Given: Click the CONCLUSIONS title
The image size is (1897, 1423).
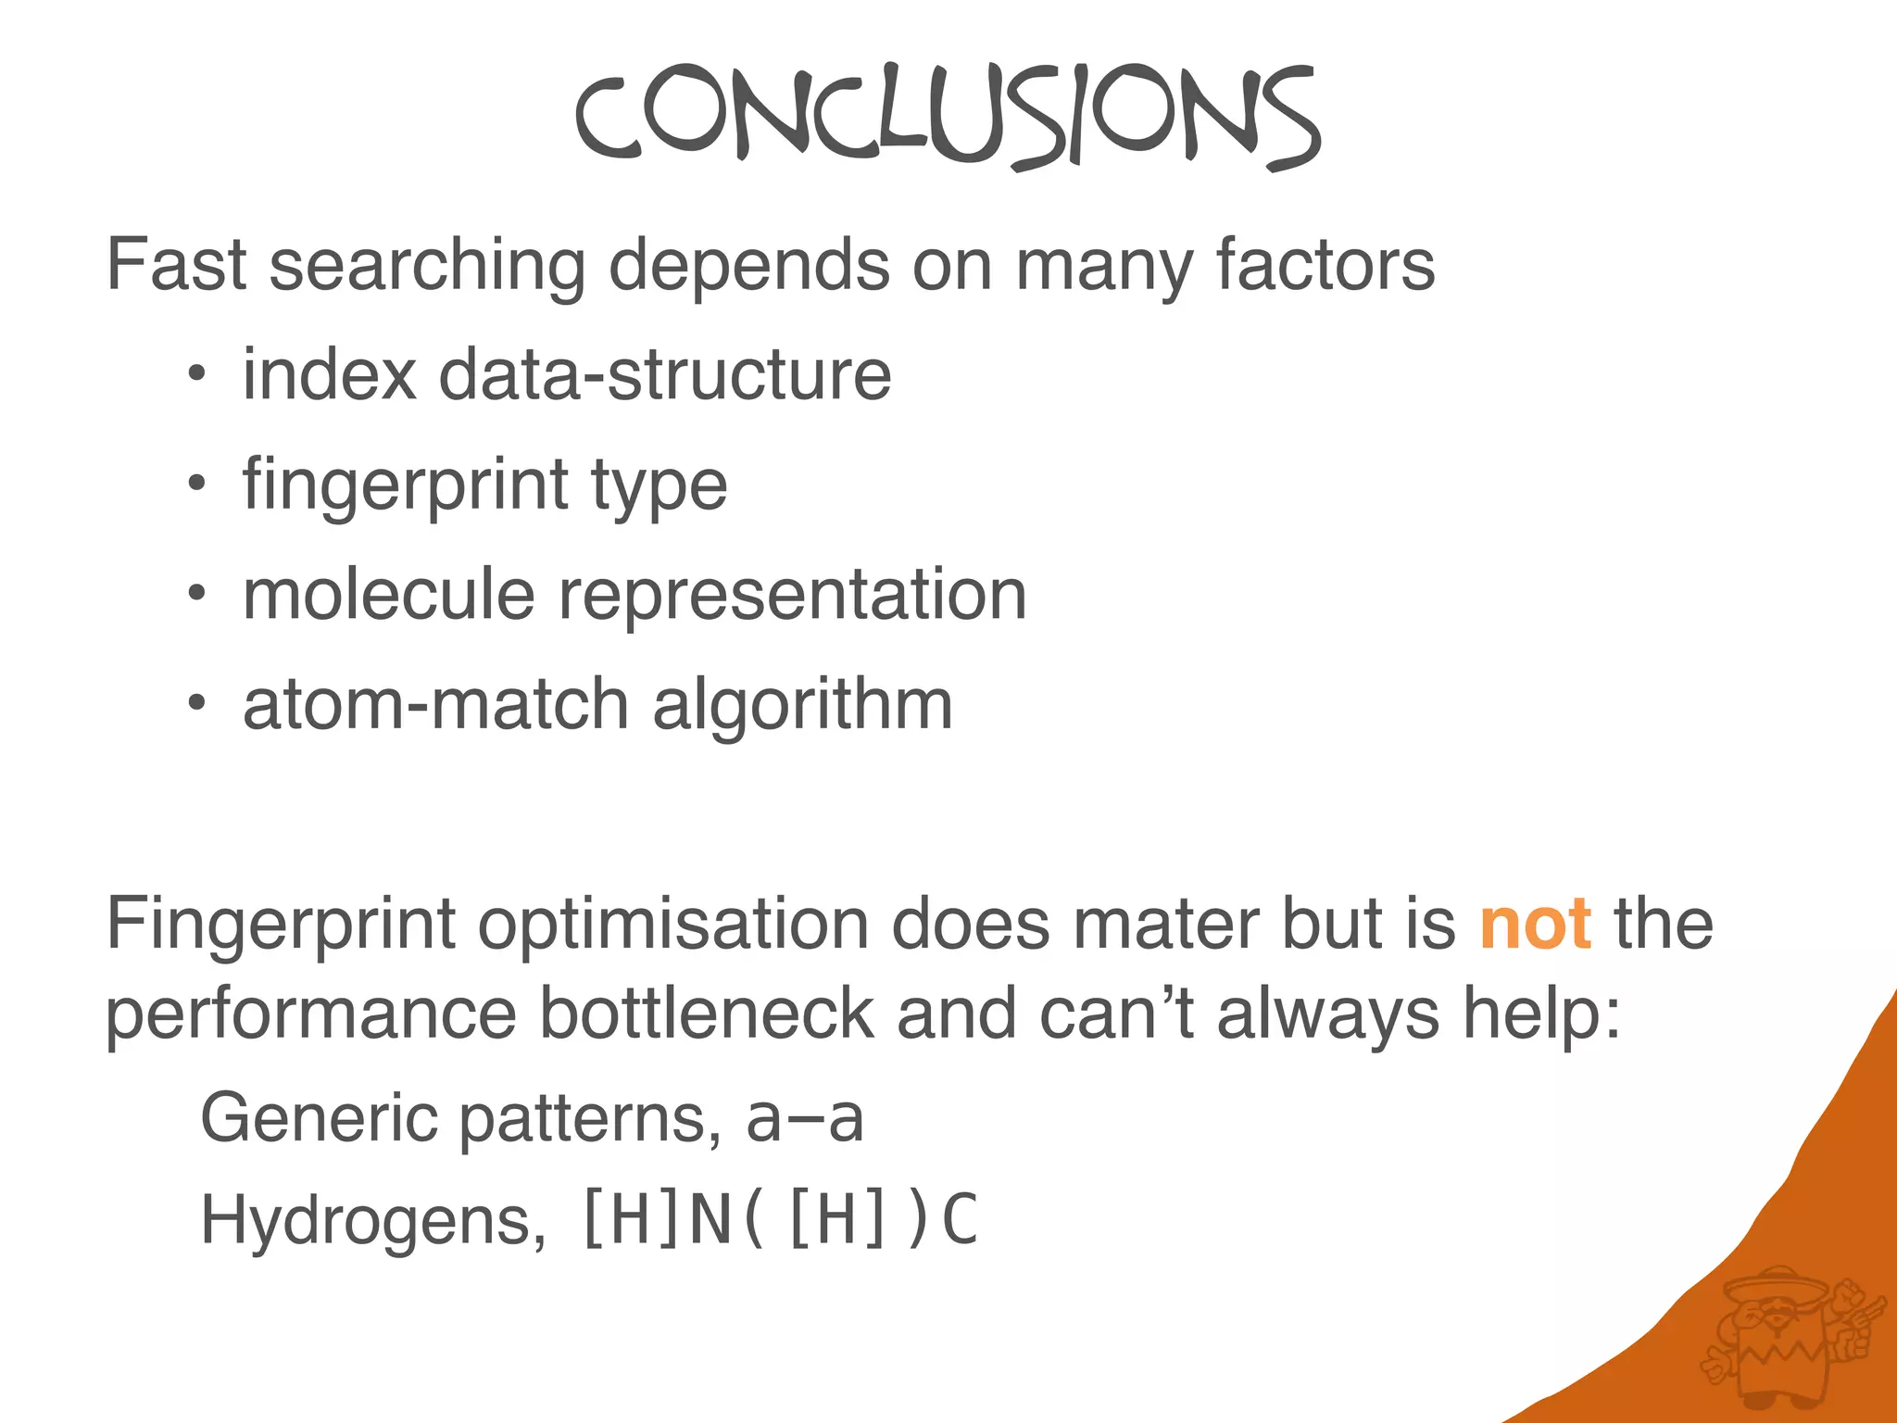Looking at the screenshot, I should click(947, 116).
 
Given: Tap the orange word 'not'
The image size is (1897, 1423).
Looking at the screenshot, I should click(1536, 924).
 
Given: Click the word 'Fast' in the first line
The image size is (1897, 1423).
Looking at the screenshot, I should click(176, 265).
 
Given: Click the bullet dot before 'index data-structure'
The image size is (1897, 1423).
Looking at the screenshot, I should click(195, 375).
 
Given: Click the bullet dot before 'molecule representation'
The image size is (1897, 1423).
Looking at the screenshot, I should click(195, 594).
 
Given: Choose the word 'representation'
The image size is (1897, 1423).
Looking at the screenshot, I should click(792, 595).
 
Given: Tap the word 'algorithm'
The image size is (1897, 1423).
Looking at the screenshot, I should click(802, 704).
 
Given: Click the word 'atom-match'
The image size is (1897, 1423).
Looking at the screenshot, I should click(436, 704).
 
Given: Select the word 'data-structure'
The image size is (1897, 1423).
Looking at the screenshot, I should click(664, 374).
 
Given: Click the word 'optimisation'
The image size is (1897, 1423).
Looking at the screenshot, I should click(673, 924).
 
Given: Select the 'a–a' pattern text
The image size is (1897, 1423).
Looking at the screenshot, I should click(804, 1118).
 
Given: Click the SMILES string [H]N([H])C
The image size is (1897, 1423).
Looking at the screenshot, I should click(779, 1219).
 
